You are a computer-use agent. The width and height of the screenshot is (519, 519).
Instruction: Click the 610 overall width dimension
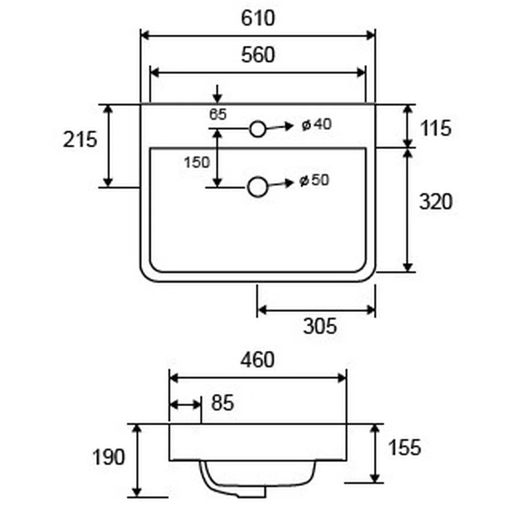point(258,18)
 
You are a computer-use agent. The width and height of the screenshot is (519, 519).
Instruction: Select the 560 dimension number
point(258,55)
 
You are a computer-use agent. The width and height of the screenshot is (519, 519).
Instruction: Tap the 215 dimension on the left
point(80,139)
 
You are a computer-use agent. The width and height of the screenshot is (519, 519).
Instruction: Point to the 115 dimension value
point(435,128)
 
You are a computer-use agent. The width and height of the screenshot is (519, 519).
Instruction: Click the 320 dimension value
point(435,201)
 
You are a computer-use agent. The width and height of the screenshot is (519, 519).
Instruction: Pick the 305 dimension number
point(320,326)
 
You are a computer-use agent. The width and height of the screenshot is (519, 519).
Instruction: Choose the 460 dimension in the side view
point(257,360)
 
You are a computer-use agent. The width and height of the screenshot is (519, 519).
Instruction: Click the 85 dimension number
point(222,403)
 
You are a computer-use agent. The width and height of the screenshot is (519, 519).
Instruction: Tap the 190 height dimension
point(109,457)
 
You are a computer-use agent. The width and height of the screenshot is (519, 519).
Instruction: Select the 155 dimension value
point(405,447)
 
